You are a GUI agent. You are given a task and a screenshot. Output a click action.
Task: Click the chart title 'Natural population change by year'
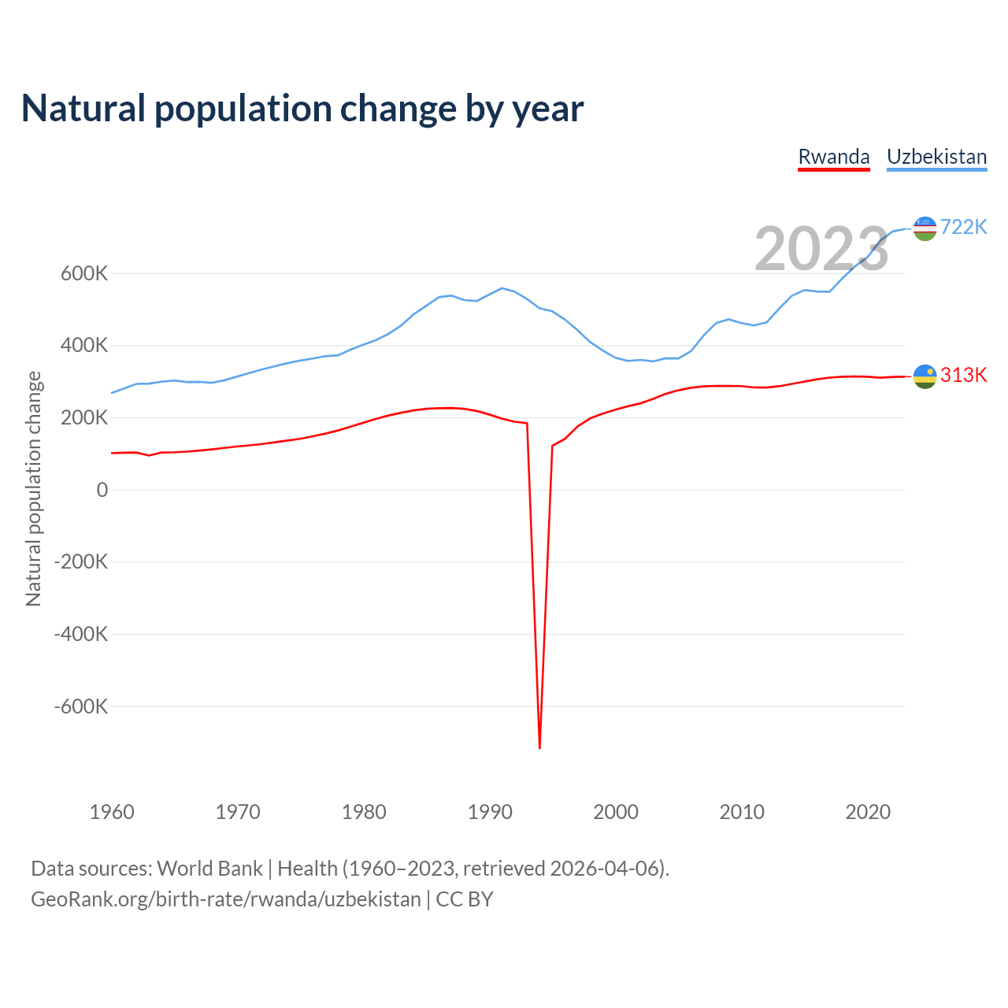click(x=302, y=109)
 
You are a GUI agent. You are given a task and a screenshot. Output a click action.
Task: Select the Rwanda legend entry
click(x=834, y=157)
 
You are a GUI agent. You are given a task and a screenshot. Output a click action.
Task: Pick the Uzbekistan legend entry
click(x=936, y=157)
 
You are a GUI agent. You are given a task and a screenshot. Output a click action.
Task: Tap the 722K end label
click(x=963, y=227)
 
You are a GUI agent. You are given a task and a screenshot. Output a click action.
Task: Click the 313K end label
click(x=963, y=375)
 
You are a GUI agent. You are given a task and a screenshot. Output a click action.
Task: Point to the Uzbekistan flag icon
click(x=925, y=228)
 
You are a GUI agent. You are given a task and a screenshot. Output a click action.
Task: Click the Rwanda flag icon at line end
click(x=925, y=376)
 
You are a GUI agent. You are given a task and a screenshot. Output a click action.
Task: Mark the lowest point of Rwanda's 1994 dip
click(x=539, y=747)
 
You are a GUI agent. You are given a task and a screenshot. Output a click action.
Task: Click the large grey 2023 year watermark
click(x=821, y=249)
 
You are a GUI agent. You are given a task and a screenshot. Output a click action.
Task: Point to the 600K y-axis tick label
click(x=84, y=274)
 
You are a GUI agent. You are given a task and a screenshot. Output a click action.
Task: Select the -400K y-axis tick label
click(x=80, y=634)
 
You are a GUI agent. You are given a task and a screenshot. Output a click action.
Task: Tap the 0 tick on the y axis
click(x=102, y=490)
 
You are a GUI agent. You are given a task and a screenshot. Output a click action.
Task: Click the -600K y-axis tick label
click(x=80, y=706)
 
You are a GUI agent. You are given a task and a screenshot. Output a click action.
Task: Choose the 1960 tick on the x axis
click(x=112, y=812)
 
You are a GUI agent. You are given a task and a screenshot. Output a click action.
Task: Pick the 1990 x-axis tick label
click(x=490, y=812)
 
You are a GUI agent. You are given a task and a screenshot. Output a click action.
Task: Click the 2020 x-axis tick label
click(x=868, y=812)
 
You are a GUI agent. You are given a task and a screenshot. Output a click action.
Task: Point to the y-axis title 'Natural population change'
click(x=33, y=489)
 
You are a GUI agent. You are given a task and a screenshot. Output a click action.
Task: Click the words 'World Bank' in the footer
click(x=209, y=869)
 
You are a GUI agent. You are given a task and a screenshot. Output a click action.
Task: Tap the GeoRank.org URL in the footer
click(x=226, y=899)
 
